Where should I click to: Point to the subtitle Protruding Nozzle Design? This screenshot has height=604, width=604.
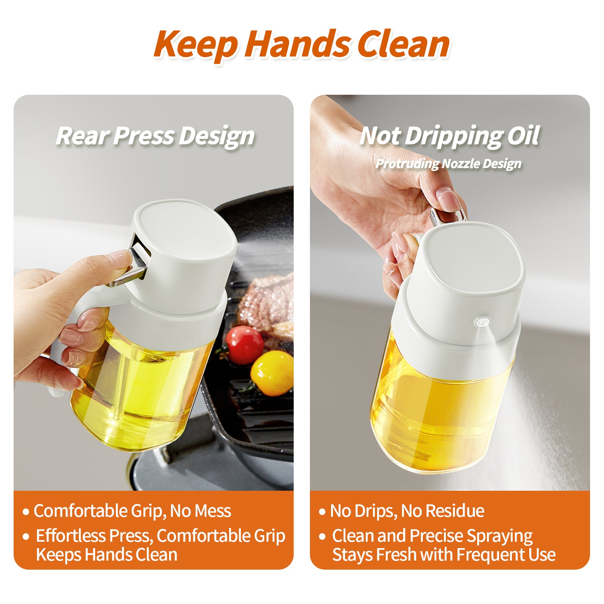pyautogui.click(x=448, y=163)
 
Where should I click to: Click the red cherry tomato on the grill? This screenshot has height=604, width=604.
pyautogui.click(x=245, y=344)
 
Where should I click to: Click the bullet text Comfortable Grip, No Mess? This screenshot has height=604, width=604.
pyautogui.click(x=132, y=511)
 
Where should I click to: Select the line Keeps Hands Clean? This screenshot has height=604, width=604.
pyautogui.click(x=106, y=555)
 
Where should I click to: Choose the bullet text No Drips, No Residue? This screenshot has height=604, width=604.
pyautogui.click(x=407, y=511)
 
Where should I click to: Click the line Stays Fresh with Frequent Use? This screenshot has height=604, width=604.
pyautogui.click(x=444, y=555)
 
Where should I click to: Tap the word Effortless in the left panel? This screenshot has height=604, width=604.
pyautogui.click(x=70, y=536)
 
